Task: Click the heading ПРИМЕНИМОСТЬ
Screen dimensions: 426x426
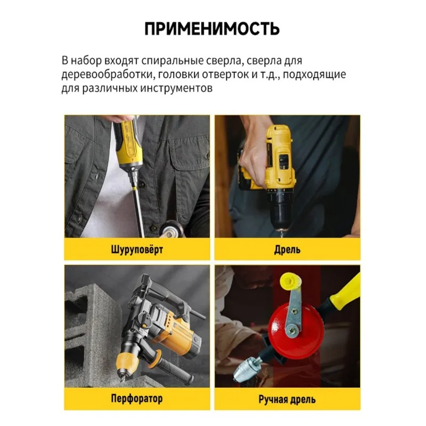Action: coord(212,29)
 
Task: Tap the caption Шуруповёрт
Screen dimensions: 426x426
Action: coord(137,249)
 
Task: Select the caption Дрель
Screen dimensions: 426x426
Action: coord(287,249)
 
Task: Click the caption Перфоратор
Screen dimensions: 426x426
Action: coord(137,398)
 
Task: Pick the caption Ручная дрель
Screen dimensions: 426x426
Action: coord(287,399)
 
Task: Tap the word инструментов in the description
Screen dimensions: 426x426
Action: coord(176,88)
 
